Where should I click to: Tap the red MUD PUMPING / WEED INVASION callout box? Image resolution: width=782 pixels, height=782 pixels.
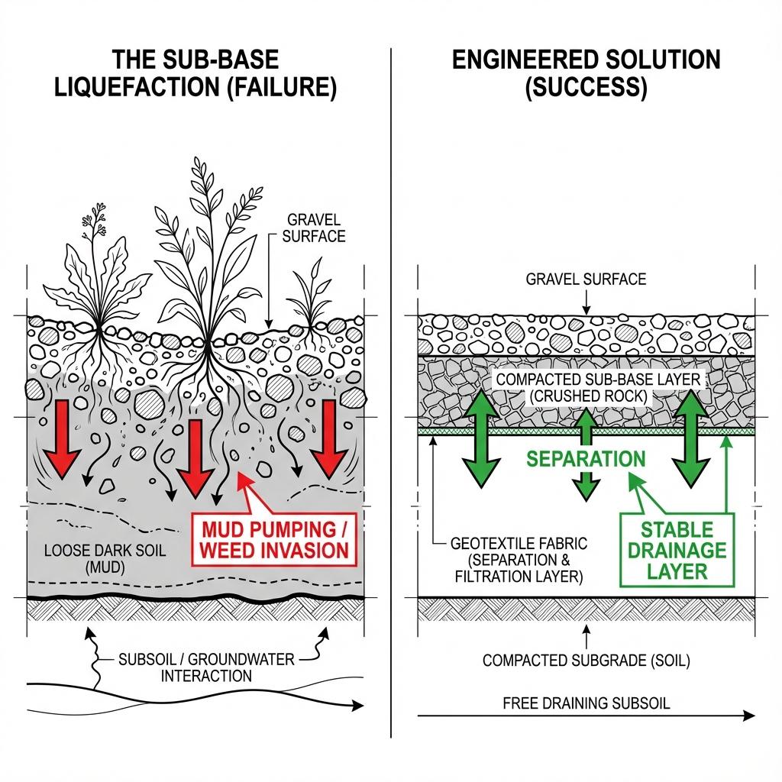[x=275, y=539]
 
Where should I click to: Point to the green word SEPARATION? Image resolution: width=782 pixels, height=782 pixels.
[x=586, y=459]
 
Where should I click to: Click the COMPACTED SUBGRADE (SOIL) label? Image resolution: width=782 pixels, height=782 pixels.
[x=586, y=661]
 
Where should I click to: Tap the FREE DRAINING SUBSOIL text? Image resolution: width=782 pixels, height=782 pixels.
[x=586, y=703]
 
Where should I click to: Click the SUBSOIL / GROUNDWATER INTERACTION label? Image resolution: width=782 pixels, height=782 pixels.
[x=206, y=667]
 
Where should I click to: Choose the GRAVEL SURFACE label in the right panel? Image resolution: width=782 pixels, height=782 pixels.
[x=586, y=279]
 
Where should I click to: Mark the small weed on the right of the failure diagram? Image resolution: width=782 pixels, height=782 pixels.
[x=312, y=294]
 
